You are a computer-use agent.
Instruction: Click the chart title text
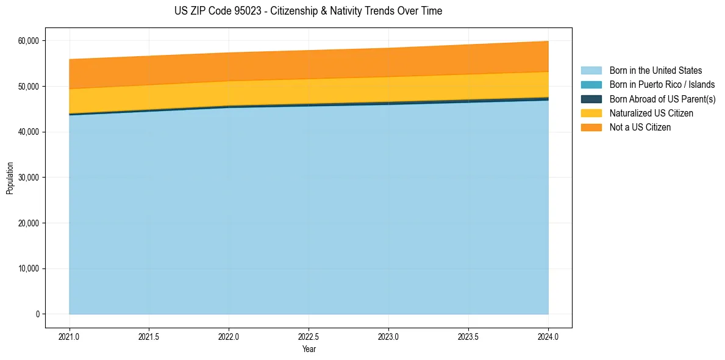(309, 11)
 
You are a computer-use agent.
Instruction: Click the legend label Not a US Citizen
(640, 128)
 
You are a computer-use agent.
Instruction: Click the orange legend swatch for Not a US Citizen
(591, 128)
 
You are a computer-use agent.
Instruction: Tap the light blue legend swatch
(591, 71)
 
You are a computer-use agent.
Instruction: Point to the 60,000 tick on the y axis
(28, 41)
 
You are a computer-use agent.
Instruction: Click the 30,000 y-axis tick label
(28, 178)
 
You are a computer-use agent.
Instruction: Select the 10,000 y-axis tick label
(28, 268)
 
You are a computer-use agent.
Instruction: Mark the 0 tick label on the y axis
(37, 314)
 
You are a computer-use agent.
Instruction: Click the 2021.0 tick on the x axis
(70, 336)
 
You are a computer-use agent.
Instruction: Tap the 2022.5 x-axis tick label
(309, 336)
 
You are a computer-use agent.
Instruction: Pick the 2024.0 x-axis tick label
(548, 336)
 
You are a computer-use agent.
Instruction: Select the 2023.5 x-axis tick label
(468, 336)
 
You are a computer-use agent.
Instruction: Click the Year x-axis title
(309, 349)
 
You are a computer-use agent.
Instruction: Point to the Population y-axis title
(10, 178)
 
